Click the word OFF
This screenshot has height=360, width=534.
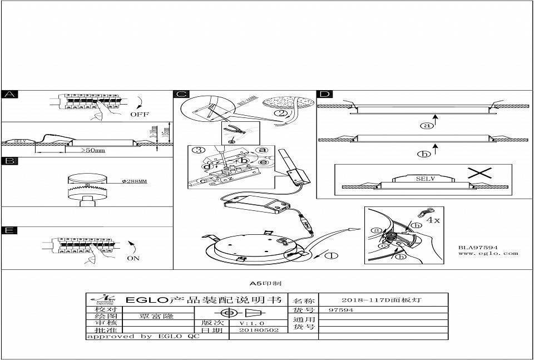pyautogui.click(x=139, y=115)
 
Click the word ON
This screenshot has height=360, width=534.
pyautogui.click(x=133, y=258)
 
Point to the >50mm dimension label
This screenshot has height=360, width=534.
pyautogui.click(x=93, y=150)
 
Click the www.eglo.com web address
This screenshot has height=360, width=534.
pyautogui.click(x=488, y=253)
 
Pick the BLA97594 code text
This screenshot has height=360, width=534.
pyautogui.click(x=478, y=247)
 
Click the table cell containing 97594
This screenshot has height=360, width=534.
pyautogui.click(x=340, y=310)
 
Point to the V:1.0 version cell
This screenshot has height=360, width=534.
pyautogui.click(x=251, y=323)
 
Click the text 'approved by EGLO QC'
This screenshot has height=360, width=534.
pyautogui.click(x=143, y=337)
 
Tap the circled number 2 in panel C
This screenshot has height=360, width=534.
pyautogui.click(x=282, y=114)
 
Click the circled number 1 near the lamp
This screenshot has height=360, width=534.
pyautogui.click(x=332, y=257)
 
